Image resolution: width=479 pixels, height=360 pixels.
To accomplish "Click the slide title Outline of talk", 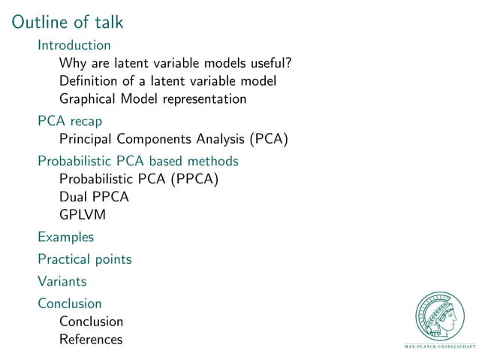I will [x=68, y=23].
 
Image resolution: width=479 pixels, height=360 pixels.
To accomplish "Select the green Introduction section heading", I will [x=74, y=45].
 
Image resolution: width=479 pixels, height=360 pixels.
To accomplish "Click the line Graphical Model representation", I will [x=152, y=98].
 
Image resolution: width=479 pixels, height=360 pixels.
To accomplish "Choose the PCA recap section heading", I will [x=70, y=121].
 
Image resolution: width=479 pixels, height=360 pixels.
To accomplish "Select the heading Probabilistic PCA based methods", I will [x=138, y=161].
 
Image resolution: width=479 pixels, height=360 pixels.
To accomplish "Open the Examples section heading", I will [x=66, y=237].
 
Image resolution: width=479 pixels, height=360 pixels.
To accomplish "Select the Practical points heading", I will [x=85, y=259].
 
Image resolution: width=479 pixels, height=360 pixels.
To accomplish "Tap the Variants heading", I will [x=62, y=282].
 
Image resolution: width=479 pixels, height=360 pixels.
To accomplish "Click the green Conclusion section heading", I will [x=70, y=304].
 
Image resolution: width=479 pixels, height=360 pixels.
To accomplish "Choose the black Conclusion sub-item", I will [x=91, y=322].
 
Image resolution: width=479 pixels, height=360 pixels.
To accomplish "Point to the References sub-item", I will [x=90, y=340].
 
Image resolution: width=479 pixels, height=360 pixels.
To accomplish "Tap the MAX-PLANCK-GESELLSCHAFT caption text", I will [x=441, y=347].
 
